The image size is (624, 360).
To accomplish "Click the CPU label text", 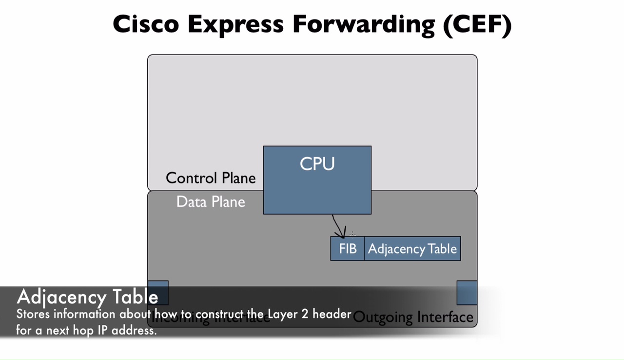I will point(317,164).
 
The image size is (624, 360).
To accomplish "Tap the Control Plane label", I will point(211,178).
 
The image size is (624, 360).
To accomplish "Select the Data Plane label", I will point(211,202).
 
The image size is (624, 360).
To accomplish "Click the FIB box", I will point(348,249).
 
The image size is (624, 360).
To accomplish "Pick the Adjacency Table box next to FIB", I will point(412,249).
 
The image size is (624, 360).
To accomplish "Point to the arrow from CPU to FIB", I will point(338,226).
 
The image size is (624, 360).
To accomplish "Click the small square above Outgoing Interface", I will point(467,292).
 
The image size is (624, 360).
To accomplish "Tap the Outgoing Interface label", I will point(413,318).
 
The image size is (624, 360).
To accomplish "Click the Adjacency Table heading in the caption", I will point(88,297).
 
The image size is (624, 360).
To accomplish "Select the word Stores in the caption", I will point(33,314).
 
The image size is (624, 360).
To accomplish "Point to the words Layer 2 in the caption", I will point(288,314).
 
